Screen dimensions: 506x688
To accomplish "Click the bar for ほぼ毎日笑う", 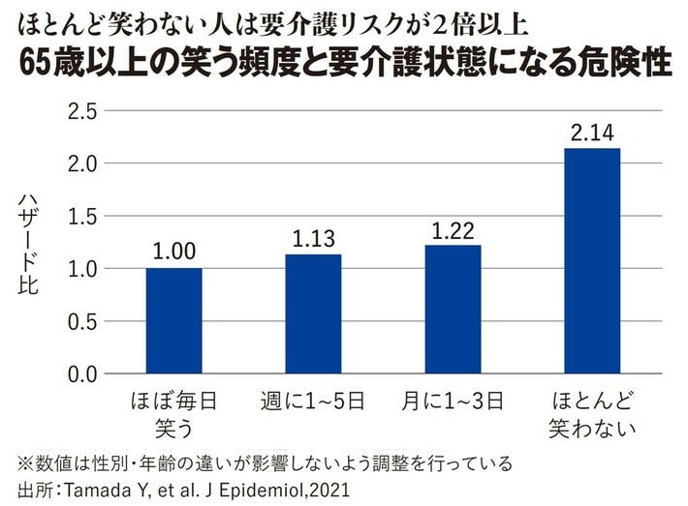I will point(173,320).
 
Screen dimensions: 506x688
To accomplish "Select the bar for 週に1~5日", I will point(313,313).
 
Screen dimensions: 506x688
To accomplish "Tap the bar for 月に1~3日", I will point(453,309).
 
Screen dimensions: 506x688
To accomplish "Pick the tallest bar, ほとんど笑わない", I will point(592,260).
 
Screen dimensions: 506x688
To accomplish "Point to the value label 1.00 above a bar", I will point(173,253).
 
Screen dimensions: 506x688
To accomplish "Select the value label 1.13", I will point(313,239).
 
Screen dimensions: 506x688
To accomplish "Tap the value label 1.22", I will point(453,230).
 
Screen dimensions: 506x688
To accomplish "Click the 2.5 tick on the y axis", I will point(85,111).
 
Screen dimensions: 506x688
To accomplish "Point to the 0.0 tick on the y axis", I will point(85,373).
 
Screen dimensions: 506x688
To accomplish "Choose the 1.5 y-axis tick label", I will point(85,216).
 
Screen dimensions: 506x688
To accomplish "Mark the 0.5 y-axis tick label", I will point(85,321).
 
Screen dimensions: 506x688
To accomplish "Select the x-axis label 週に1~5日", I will point(312,399).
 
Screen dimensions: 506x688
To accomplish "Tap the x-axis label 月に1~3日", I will point(453,399).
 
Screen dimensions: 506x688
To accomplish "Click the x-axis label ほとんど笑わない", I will point(592,411).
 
